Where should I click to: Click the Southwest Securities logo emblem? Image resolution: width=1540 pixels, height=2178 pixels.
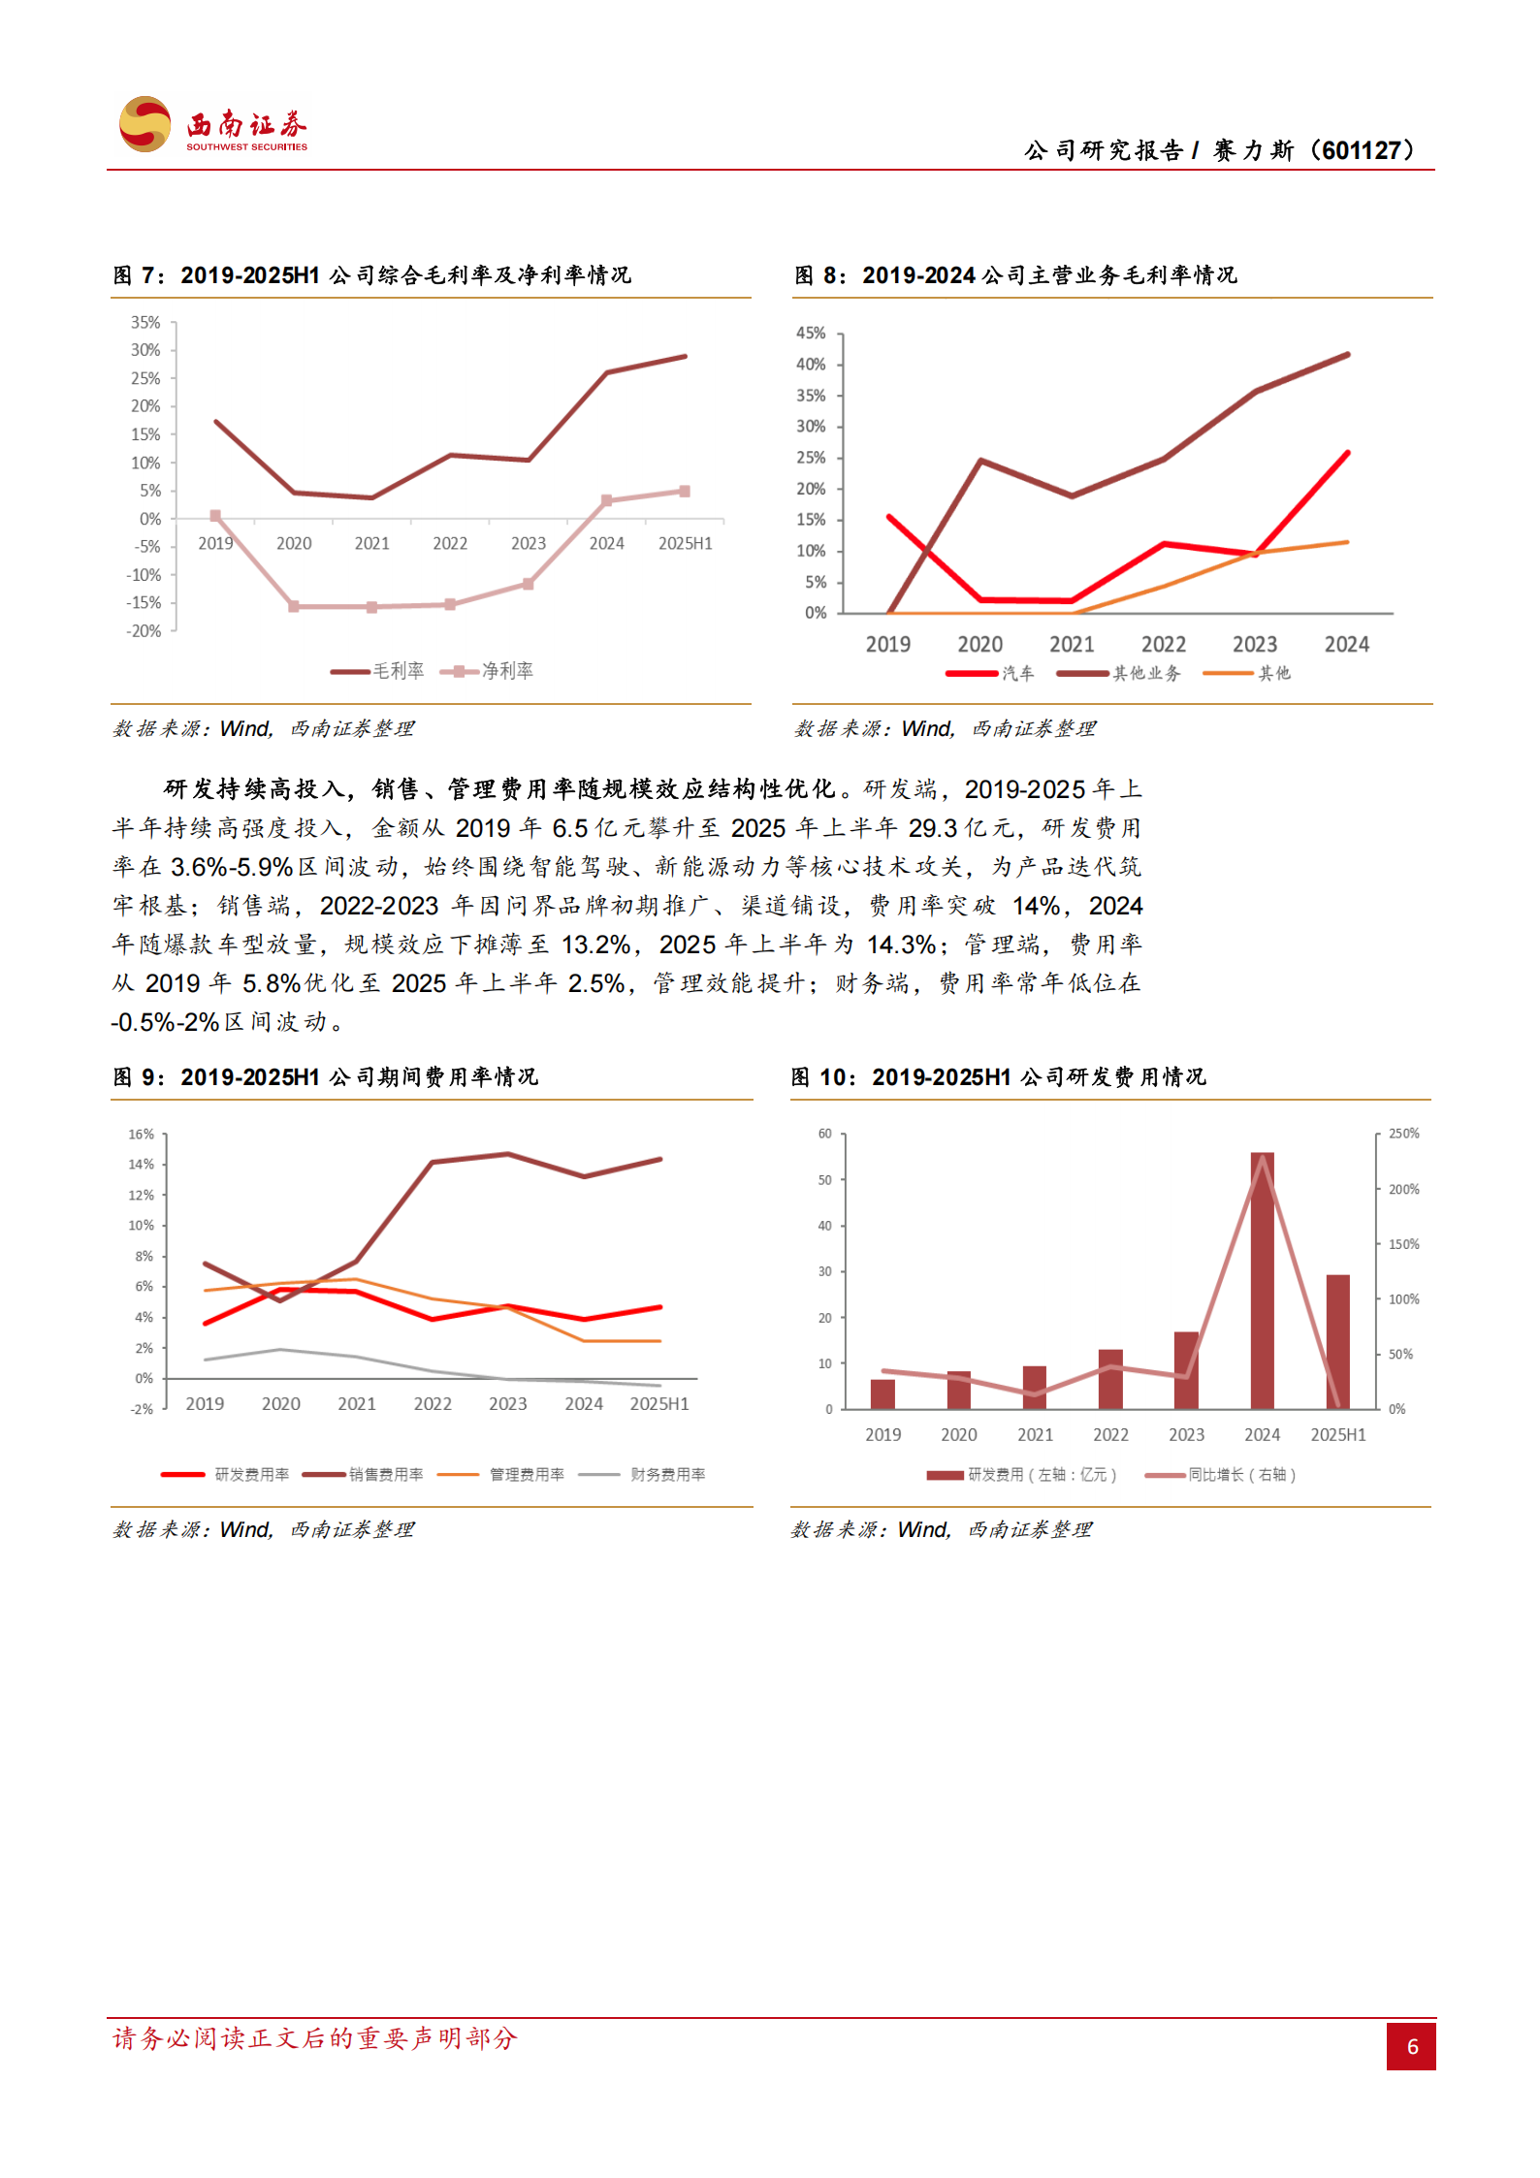tap(144, 124)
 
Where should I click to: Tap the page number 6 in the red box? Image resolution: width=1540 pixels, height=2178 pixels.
tap(1411, 2046)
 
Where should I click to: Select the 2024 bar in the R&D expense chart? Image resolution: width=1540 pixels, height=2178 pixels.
tap(1262, 1280)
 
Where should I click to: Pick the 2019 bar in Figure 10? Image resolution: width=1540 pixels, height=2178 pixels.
tap(882, 1393)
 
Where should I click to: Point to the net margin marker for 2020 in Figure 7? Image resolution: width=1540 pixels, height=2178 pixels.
tap(294, 606)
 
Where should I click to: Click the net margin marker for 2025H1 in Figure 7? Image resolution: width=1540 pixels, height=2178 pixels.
tap(685, 492)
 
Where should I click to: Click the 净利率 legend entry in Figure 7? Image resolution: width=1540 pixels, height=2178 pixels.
tap(488, 671)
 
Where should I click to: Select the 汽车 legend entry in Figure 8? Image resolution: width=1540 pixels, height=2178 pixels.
tap(991, 673)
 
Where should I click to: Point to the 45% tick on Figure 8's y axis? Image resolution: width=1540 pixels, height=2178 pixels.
tap(810, 334)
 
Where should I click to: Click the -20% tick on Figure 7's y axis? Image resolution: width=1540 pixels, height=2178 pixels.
tap(144, 631)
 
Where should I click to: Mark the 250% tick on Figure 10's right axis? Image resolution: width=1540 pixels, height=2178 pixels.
tap(1403, 1134)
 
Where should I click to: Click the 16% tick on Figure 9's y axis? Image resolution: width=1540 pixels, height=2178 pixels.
tap(141, 1135)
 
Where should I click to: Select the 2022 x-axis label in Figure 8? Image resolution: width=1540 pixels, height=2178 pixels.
tap(1163, 644)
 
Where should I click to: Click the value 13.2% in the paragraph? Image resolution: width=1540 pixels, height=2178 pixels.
tap(595, 945)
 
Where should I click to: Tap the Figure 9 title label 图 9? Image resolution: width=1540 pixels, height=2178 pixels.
tap(137, 1077)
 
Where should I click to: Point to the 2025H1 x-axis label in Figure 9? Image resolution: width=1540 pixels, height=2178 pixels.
tap(659, 1403)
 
